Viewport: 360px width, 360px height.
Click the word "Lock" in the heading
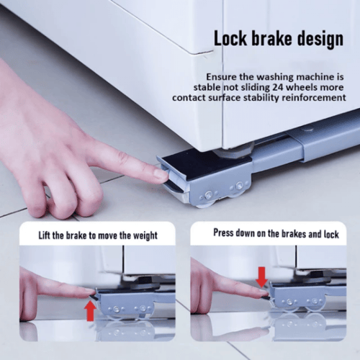230,38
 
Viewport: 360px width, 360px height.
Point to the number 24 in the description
278,87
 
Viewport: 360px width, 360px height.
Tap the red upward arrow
91,310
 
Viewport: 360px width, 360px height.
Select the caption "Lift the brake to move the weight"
98,235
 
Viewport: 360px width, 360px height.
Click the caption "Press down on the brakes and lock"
276,233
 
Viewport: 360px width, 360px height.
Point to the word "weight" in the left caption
145,236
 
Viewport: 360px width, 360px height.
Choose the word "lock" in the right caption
331,234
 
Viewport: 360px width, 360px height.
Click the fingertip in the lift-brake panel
90,292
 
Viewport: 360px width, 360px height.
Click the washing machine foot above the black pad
234,150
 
